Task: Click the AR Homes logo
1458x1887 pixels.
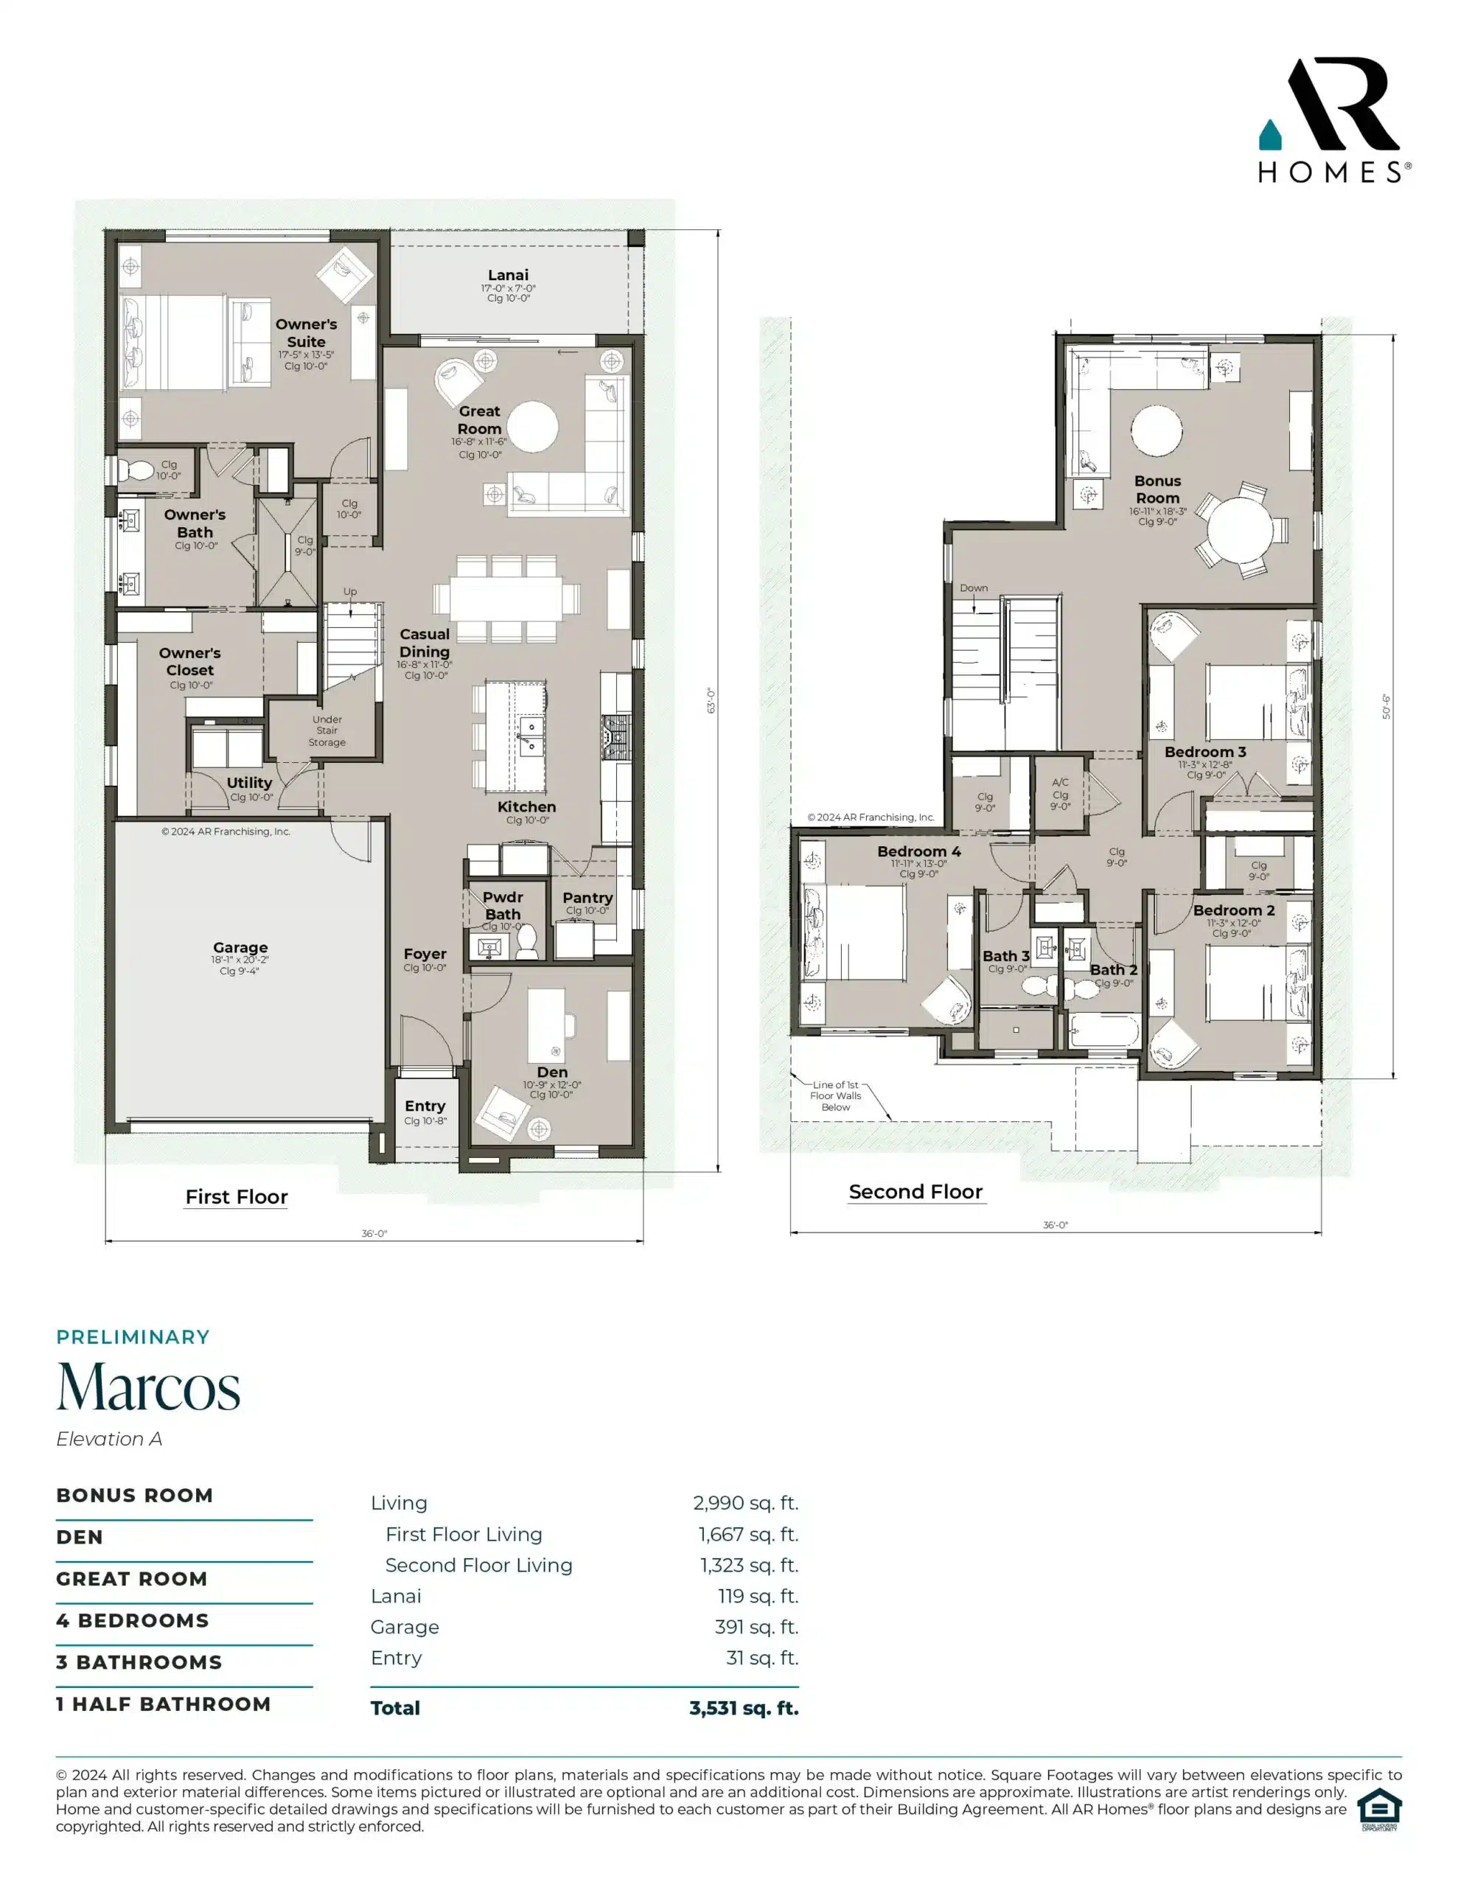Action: [x=1334, y=120]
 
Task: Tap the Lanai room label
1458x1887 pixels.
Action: [x=508, y=276]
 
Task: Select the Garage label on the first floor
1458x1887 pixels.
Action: [x=240, y=948]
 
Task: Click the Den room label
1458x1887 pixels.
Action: [x=552, y=1072]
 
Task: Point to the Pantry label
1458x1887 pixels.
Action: [x=587, y=898]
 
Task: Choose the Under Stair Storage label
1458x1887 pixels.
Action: [x=327, y=731]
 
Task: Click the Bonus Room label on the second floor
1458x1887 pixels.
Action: [x=1157, y=490]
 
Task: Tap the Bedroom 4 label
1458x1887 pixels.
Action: [x=918, y=852]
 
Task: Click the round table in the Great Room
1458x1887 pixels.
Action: [x=532, y=427]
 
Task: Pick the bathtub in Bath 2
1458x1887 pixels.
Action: [x=1103, y=1030]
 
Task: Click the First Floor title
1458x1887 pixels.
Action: [x=236, y=1196]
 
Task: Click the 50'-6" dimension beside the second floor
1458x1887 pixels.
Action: [x=1387, y=707]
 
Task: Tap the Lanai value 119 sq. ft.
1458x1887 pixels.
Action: [x=758, y=1596]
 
